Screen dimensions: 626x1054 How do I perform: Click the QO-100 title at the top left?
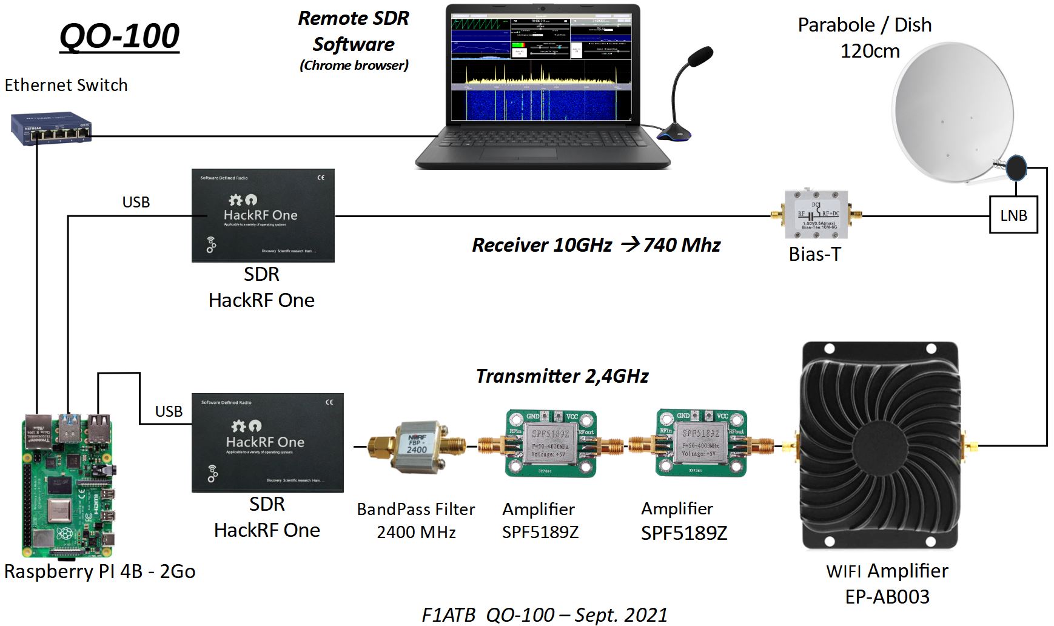coord(119,36)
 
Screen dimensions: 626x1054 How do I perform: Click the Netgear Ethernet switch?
coord(51,129)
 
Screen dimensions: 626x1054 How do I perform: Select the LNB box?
coord(1013,215)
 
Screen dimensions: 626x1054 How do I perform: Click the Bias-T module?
coord(816,214)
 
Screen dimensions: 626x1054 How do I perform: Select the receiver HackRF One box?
coord(263,215)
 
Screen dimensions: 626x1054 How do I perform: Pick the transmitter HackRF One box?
coord(267,443)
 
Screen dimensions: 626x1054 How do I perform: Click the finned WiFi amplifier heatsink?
coord(880,446)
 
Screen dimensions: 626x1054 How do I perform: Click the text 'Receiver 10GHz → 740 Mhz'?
coord(596,245)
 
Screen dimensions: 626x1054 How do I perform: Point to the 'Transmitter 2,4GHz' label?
coord(562,376)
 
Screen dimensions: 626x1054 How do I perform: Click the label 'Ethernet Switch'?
coord(66,85)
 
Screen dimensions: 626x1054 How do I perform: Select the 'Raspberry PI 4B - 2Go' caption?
coord(99,571)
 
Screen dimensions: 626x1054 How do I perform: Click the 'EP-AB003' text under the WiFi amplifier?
coord(887,597)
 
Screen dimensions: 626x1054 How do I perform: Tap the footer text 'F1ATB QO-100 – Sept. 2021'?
coord(544,614)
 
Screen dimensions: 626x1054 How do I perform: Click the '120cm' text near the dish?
coord(870,51)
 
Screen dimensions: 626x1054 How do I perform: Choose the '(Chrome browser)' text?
coord(354,66)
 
